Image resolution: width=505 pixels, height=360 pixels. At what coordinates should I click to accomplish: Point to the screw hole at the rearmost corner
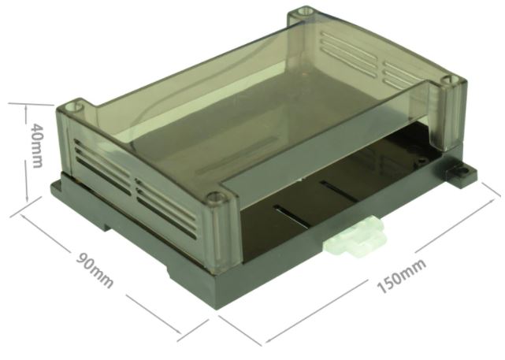click(302, 13)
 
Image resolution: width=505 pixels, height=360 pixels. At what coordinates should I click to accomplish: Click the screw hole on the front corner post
click(212, 197)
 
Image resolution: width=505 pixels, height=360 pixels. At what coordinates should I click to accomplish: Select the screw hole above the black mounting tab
click(451, 80)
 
